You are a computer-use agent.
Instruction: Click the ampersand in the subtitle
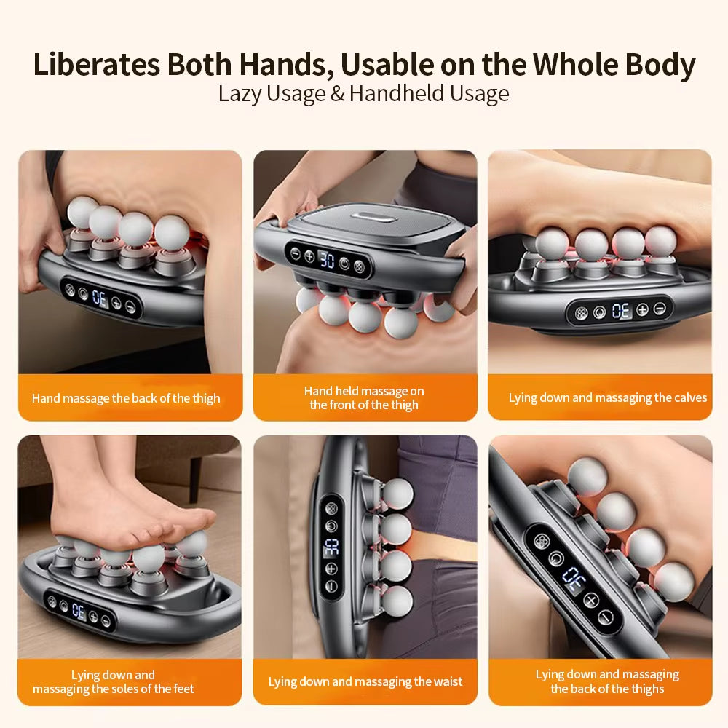click(338, 93)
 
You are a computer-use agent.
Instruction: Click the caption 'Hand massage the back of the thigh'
click(126, 398)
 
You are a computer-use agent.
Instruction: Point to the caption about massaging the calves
click(607, 398)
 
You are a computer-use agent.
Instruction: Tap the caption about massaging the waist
click(365, 681)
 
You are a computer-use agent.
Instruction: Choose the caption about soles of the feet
click(114, 681)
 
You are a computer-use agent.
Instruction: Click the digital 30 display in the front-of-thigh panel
click(327, 260)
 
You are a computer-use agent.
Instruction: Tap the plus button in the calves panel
click(642, 309)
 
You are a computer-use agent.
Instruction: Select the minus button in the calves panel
click(660, 308)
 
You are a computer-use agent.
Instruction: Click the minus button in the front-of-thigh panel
click(296, 253)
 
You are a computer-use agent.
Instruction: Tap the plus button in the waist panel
click(331, 569)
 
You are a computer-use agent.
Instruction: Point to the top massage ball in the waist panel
click(398, 493)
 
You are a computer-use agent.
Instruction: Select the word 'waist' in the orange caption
click(448, 681)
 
